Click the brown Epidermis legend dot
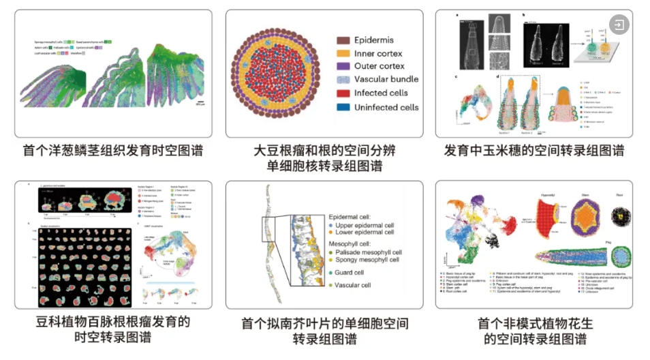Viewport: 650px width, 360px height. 343,40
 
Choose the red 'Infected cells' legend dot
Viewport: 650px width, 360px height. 343,93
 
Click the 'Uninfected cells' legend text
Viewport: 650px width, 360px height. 386,107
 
